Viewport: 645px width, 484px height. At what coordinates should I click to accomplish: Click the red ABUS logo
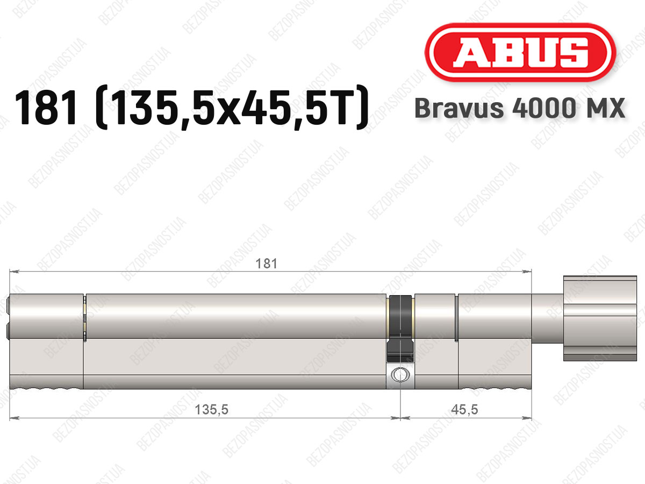coord(520,53)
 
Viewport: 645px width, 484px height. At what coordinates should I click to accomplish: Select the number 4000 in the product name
coord(544,108)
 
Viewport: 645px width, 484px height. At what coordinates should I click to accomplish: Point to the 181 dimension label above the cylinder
coord(266,264)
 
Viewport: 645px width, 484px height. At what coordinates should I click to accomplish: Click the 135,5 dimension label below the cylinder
coord(212,409)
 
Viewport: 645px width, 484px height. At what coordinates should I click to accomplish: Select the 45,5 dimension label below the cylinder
coord(464,409)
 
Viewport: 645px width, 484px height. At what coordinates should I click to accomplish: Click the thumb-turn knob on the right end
coord(600,318)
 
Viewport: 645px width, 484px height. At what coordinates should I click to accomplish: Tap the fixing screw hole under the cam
coord(400,375)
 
